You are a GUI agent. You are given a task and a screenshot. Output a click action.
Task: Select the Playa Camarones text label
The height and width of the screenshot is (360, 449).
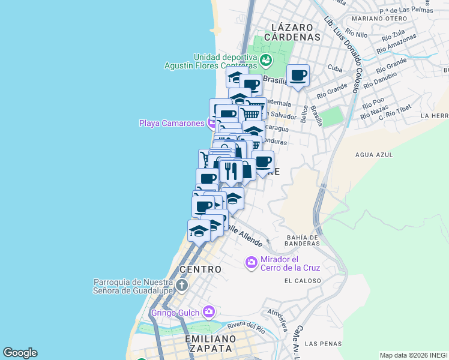pyautogui.click(x=172, y=124)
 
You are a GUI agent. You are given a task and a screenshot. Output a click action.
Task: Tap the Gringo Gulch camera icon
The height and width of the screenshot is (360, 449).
pyautogui.click(x=209, y=311)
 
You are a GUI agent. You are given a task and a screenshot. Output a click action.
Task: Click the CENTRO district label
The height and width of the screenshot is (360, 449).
pyautogui.click(x=200, y=269)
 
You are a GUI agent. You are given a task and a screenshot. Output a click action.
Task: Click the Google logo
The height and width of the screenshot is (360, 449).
pyautogui.click(x=20, y=353)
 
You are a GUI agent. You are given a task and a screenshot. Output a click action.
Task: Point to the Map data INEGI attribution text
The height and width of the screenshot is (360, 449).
pyautogui.click(x=413, y=355)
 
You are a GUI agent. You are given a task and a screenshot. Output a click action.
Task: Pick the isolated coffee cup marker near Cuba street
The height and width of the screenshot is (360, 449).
pyautogui.click(x=298, y=76)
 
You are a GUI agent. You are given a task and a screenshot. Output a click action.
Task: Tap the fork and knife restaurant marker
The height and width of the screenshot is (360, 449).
pyautogui.click(x=231, y=170)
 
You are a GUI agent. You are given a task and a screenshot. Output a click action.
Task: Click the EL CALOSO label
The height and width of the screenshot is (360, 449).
pyautogui.click(x=303, y=280)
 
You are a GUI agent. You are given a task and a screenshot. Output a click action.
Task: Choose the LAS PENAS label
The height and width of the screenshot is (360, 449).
pyautogui.click(x=319, y=344)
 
